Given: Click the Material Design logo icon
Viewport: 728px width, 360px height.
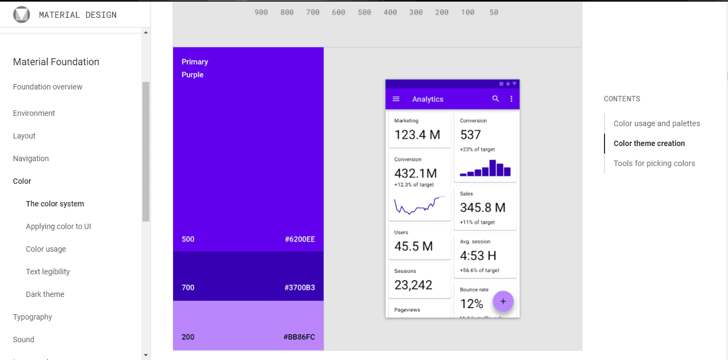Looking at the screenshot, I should (22, 15).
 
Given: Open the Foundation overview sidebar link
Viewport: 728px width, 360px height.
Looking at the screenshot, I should (47, 87).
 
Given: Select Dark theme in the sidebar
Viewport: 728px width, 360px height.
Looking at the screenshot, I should (45, 294).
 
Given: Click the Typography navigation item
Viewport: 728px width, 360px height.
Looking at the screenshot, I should (32, 317).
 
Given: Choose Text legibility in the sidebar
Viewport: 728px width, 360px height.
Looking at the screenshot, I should (47, 272).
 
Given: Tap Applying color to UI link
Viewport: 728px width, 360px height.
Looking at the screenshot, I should (58, 226).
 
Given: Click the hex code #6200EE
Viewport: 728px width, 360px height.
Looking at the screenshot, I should (299, 239).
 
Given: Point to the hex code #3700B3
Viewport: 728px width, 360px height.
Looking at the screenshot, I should (299, 288).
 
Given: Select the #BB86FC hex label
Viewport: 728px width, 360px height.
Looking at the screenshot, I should (299, 337).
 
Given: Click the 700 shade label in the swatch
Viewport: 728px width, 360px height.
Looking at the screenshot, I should (188, 288).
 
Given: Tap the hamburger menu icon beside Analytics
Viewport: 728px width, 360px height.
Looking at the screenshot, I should (396, 99).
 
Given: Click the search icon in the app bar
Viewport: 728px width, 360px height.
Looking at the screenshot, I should (496, 99).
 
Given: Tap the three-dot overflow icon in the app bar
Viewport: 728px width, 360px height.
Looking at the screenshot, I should (511, 99).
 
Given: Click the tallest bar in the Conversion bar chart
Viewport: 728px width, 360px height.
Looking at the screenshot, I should (492, 168).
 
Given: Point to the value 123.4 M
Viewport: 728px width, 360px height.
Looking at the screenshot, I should (417, 135).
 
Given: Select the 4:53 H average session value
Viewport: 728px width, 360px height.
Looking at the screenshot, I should (478, 255).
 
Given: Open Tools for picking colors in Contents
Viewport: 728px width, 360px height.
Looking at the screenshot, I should (654, 163).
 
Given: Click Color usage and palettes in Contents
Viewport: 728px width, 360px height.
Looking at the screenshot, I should (656, 123).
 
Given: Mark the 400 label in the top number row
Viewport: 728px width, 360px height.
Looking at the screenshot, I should (390, 12).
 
